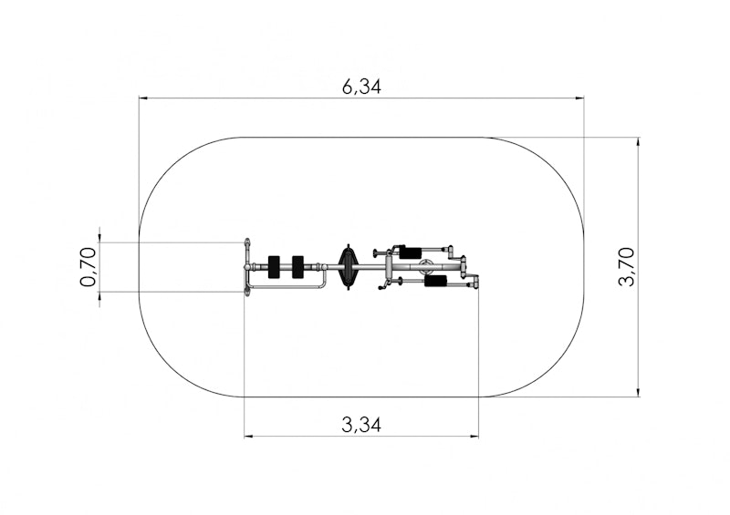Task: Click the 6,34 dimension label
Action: pyautogui.click(x=361, y=87)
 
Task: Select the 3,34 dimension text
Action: pyautogui.click(x=361, y=425)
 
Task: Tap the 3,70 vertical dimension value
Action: pyautogui.click(x=626, y=267)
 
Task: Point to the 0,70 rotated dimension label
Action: pyautogui.click(x=88, y=267)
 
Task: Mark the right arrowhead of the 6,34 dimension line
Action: pyautogui.click(x=579, y=98)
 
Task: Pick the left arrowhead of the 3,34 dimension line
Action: pyautogui.click(x=249, y=437)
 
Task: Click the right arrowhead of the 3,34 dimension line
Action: pyautogui.click(x=474, y=437)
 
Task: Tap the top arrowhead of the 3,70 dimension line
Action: pyautogui.click(x=638, y=142)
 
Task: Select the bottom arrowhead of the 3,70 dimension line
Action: pyautogui.click(x=638, y=392)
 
